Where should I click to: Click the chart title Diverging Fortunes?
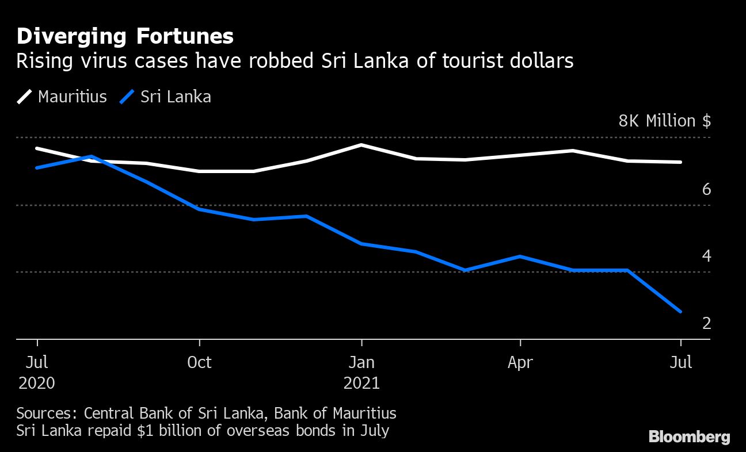(x=125, y=36)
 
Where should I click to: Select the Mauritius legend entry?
(x=62, y=96)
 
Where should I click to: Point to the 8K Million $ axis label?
(x=664, y=121)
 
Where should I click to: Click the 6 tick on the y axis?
(x=706, y=189)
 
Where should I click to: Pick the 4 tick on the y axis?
(x=706, y=256)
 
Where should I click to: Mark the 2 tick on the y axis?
(x=706, y=323)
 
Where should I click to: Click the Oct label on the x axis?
(x=199, y=362)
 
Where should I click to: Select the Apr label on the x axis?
(x=520, y=362)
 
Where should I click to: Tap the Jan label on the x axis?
(x=361, y=362)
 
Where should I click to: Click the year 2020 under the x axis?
(x=37, y=383)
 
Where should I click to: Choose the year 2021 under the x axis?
(x=361, y=383)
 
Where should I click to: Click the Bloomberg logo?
(x=689, y=436)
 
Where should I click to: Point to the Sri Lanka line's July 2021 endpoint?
(x=681, y=312)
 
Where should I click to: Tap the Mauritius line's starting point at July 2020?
(x=37, y=148)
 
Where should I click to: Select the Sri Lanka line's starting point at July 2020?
(x=37, y=167)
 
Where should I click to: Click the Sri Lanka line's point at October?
(x=199, y=209)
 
